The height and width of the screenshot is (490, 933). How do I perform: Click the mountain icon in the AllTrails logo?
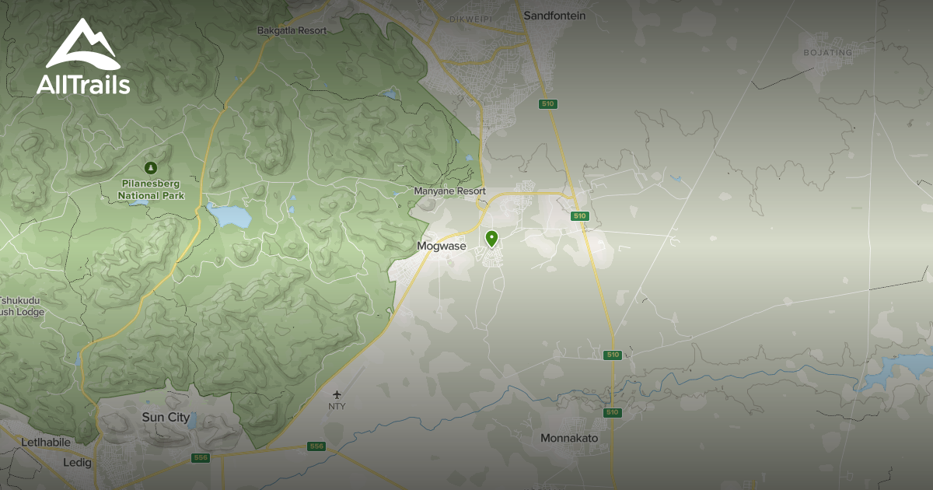coord(82,46)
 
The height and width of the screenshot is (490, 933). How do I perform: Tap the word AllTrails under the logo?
coord(83,84)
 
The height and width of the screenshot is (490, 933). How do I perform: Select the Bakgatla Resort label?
coord(292,30)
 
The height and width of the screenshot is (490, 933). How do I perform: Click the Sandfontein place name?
coord(554,16)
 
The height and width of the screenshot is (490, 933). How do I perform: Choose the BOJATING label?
coord(827,53)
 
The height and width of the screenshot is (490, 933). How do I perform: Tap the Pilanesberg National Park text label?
coord(151,191)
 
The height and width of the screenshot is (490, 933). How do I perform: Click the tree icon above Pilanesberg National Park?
coord(151,167)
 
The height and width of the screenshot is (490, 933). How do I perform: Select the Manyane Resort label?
coord(449,191)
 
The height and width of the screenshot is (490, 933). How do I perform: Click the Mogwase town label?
coord(441,247)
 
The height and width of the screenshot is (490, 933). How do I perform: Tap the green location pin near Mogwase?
coord(491,238)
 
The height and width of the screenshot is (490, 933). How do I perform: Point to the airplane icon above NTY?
coord(337,394)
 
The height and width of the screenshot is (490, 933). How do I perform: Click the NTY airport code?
coord(337,406)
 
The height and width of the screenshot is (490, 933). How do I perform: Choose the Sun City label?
coord(166,418)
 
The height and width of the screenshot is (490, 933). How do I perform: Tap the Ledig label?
coord(77,463)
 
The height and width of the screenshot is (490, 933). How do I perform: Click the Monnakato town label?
coord(569,439)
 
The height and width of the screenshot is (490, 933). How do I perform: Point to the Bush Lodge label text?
coord(22,313)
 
